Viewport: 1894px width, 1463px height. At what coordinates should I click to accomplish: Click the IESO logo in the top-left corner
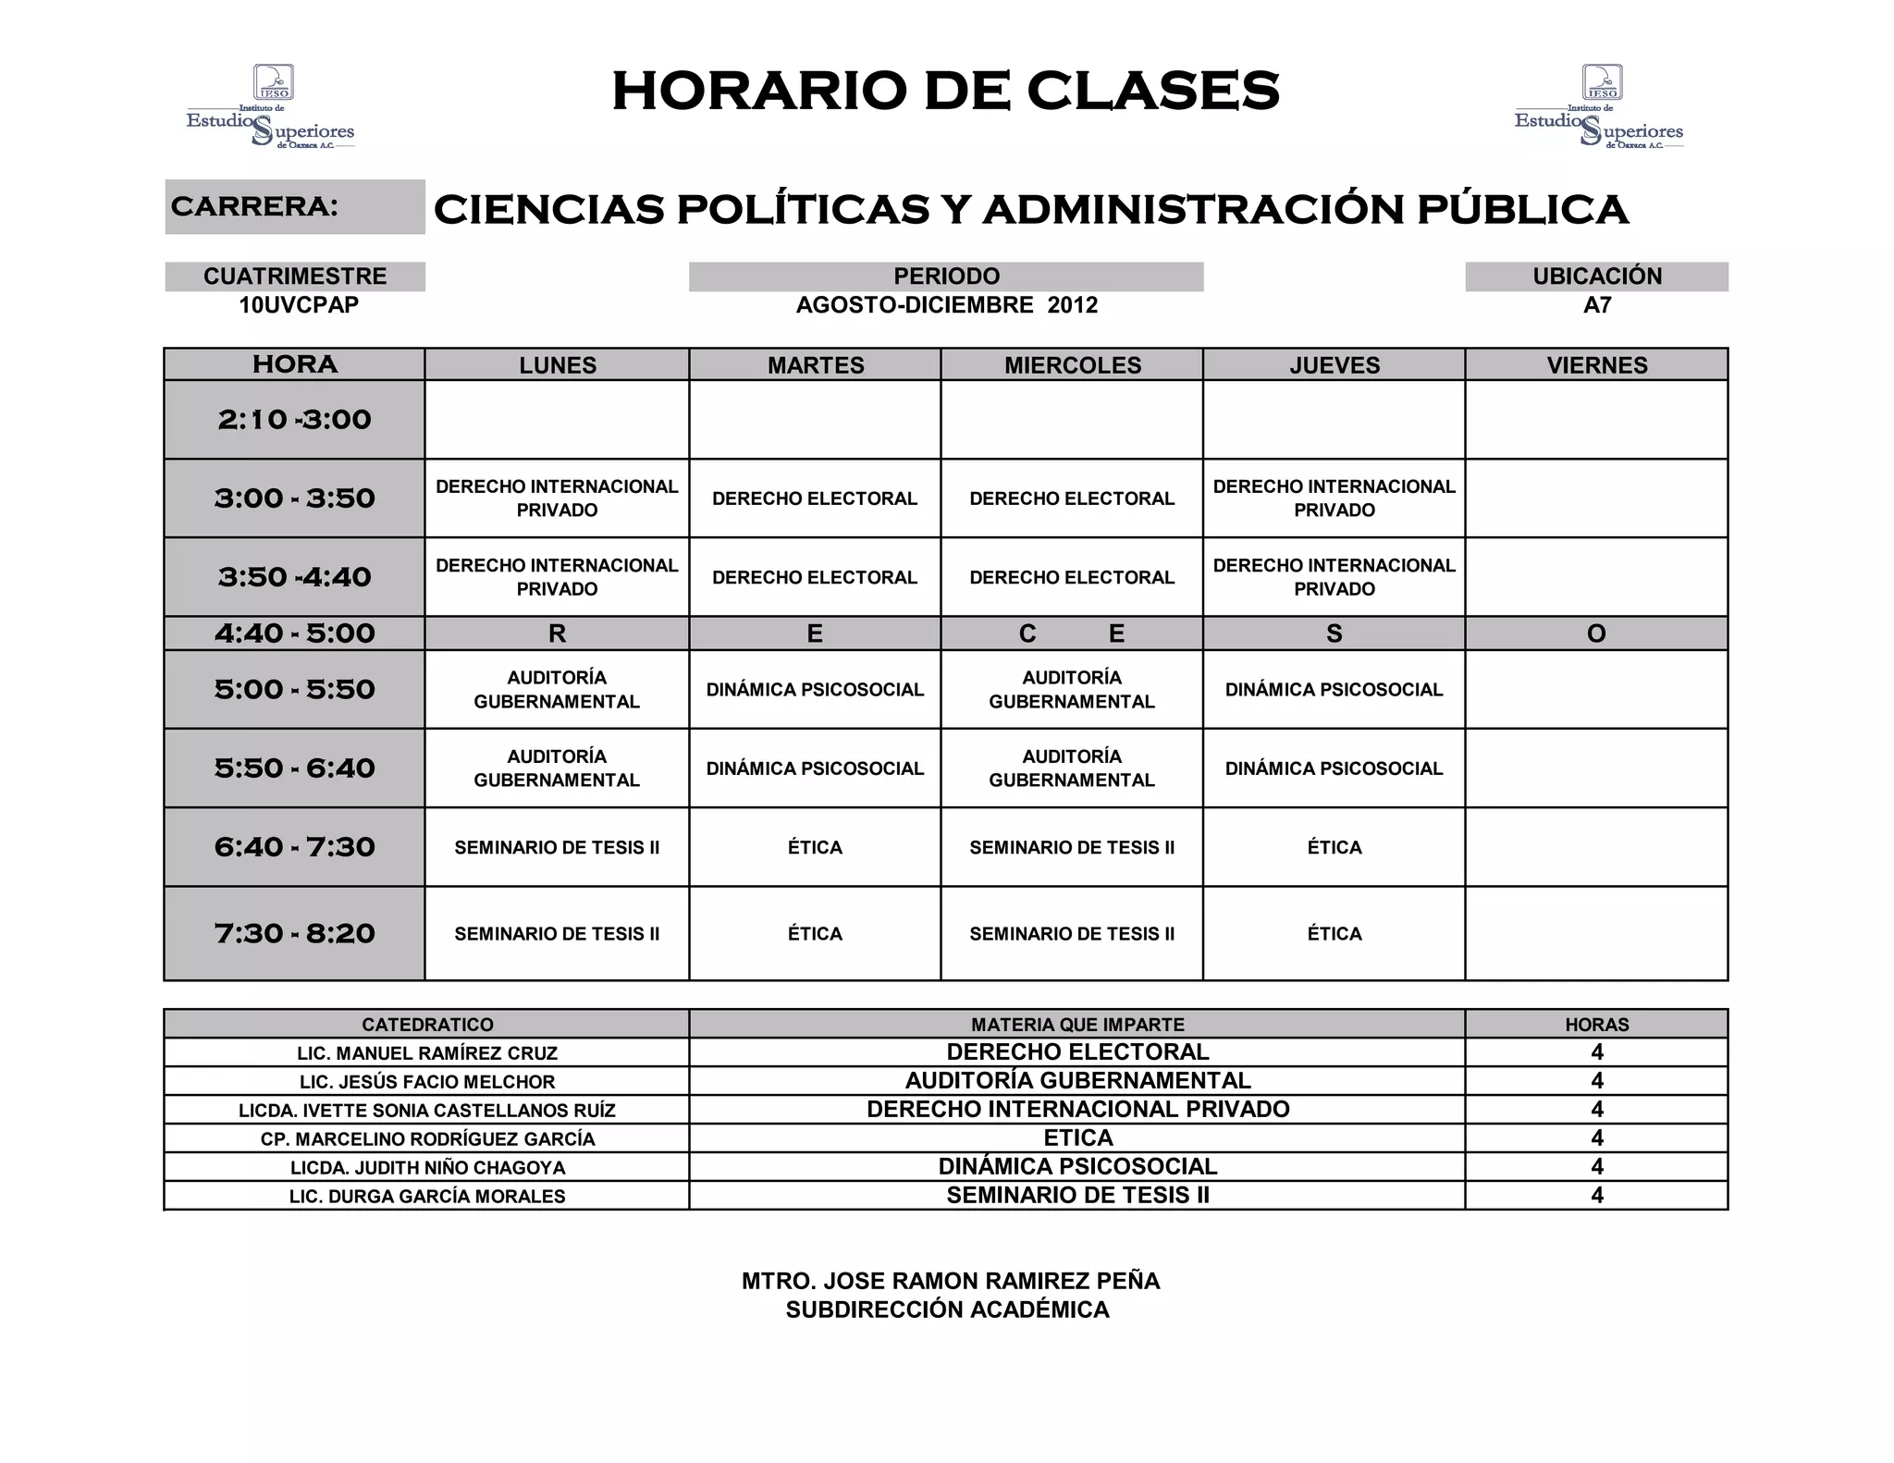(270, 107)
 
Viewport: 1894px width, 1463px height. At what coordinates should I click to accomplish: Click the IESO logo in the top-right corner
(1599, 107)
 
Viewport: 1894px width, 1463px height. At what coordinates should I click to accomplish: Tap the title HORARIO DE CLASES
(945, 92)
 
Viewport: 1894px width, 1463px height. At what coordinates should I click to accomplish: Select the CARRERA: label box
(295, 206)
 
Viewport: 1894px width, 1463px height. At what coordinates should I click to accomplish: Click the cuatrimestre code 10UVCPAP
(299, 305)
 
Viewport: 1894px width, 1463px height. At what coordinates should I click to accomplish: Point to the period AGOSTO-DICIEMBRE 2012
(946, 305)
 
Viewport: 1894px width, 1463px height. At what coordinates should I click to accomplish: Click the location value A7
(1597, 305)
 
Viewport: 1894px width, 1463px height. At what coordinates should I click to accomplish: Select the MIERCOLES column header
(1073, 365)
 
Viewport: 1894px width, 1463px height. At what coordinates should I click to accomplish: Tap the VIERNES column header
(1597, 365)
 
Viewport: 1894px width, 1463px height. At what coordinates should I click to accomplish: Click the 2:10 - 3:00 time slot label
(295, 420)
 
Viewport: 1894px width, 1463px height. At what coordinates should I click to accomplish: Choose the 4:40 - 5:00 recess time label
(295, 633)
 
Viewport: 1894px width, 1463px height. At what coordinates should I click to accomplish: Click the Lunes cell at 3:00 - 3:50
(557, 498)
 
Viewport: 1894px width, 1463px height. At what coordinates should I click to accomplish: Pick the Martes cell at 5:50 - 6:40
(815, 768)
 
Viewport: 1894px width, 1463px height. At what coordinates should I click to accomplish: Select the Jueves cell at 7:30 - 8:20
(1334, 934)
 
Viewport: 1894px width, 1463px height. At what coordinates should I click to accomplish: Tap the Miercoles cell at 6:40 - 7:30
(1072, 847)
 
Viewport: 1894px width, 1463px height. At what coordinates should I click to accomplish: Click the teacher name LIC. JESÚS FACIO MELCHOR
(427, 1082)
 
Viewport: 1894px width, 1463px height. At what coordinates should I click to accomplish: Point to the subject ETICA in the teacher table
(1078, 1138)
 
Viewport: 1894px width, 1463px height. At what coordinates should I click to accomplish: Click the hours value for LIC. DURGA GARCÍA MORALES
(1597, 1196)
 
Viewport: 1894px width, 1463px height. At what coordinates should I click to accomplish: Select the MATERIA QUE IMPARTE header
(1077, 1025)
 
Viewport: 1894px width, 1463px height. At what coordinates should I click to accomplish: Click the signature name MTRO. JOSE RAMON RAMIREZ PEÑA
(950, 1281)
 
